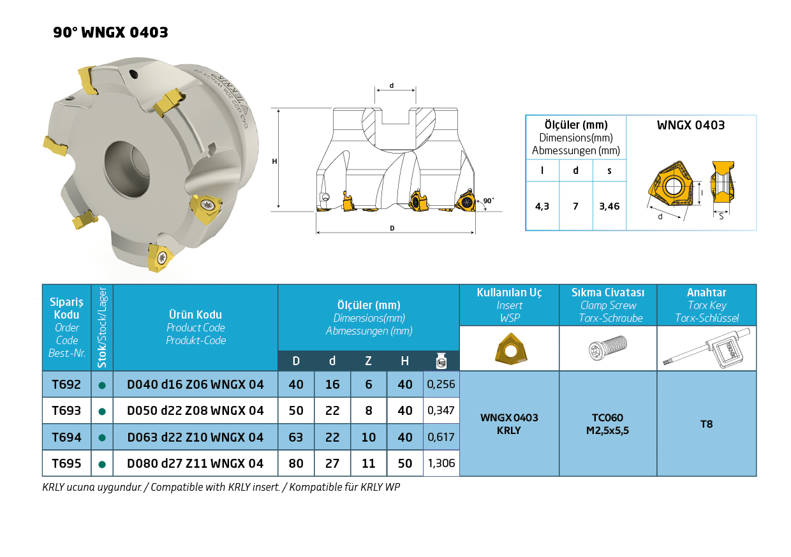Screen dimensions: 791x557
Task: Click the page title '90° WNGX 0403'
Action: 110,33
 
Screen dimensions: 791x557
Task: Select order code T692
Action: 66,384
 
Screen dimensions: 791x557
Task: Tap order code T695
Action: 66,463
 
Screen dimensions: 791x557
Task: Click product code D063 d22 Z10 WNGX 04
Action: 195,437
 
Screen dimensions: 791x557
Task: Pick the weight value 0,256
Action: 441,384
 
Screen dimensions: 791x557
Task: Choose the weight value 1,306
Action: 441,463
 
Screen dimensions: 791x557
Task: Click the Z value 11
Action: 368,463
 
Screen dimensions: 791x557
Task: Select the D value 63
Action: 296,437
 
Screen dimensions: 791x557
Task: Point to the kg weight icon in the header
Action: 441,361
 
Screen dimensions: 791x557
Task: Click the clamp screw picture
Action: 608,347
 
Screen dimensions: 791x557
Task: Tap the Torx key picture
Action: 707,348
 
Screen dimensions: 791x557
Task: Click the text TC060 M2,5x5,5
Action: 607,424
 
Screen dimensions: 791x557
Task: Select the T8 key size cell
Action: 706,424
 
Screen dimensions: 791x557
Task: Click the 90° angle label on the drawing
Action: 489,200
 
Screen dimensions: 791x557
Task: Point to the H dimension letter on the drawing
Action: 274,161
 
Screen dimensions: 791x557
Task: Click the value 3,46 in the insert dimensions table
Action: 609,206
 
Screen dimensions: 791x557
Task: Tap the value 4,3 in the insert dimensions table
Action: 542,206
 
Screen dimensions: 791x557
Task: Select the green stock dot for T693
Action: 102,411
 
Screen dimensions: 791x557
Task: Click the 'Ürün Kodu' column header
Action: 195,314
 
